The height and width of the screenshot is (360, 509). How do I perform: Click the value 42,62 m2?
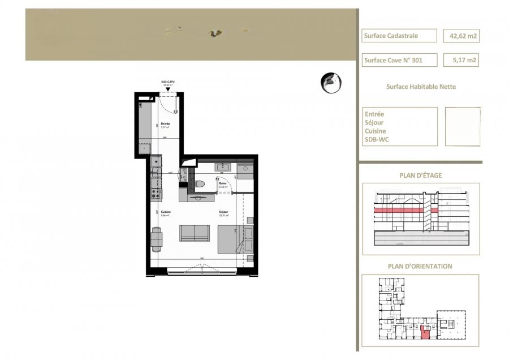460,36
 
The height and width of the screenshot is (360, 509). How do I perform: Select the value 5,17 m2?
460,59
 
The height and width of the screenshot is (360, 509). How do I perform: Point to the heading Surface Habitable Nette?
421,87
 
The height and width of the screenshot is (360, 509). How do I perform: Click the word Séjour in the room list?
374,122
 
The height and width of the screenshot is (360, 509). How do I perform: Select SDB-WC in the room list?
377,139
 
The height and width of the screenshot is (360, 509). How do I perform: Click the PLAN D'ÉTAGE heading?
421,175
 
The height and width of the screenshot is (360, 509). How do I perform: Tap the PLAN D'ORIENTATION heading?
420,266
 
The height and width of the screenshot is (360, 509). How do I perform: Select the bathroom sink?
222,167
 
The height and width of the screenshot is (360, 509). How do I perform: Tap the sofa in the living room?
195,233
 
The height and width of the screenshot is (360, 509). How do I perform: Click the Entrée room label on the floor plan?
166,123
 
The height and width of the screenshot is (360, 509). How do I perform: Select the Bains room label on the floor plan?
223,183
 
